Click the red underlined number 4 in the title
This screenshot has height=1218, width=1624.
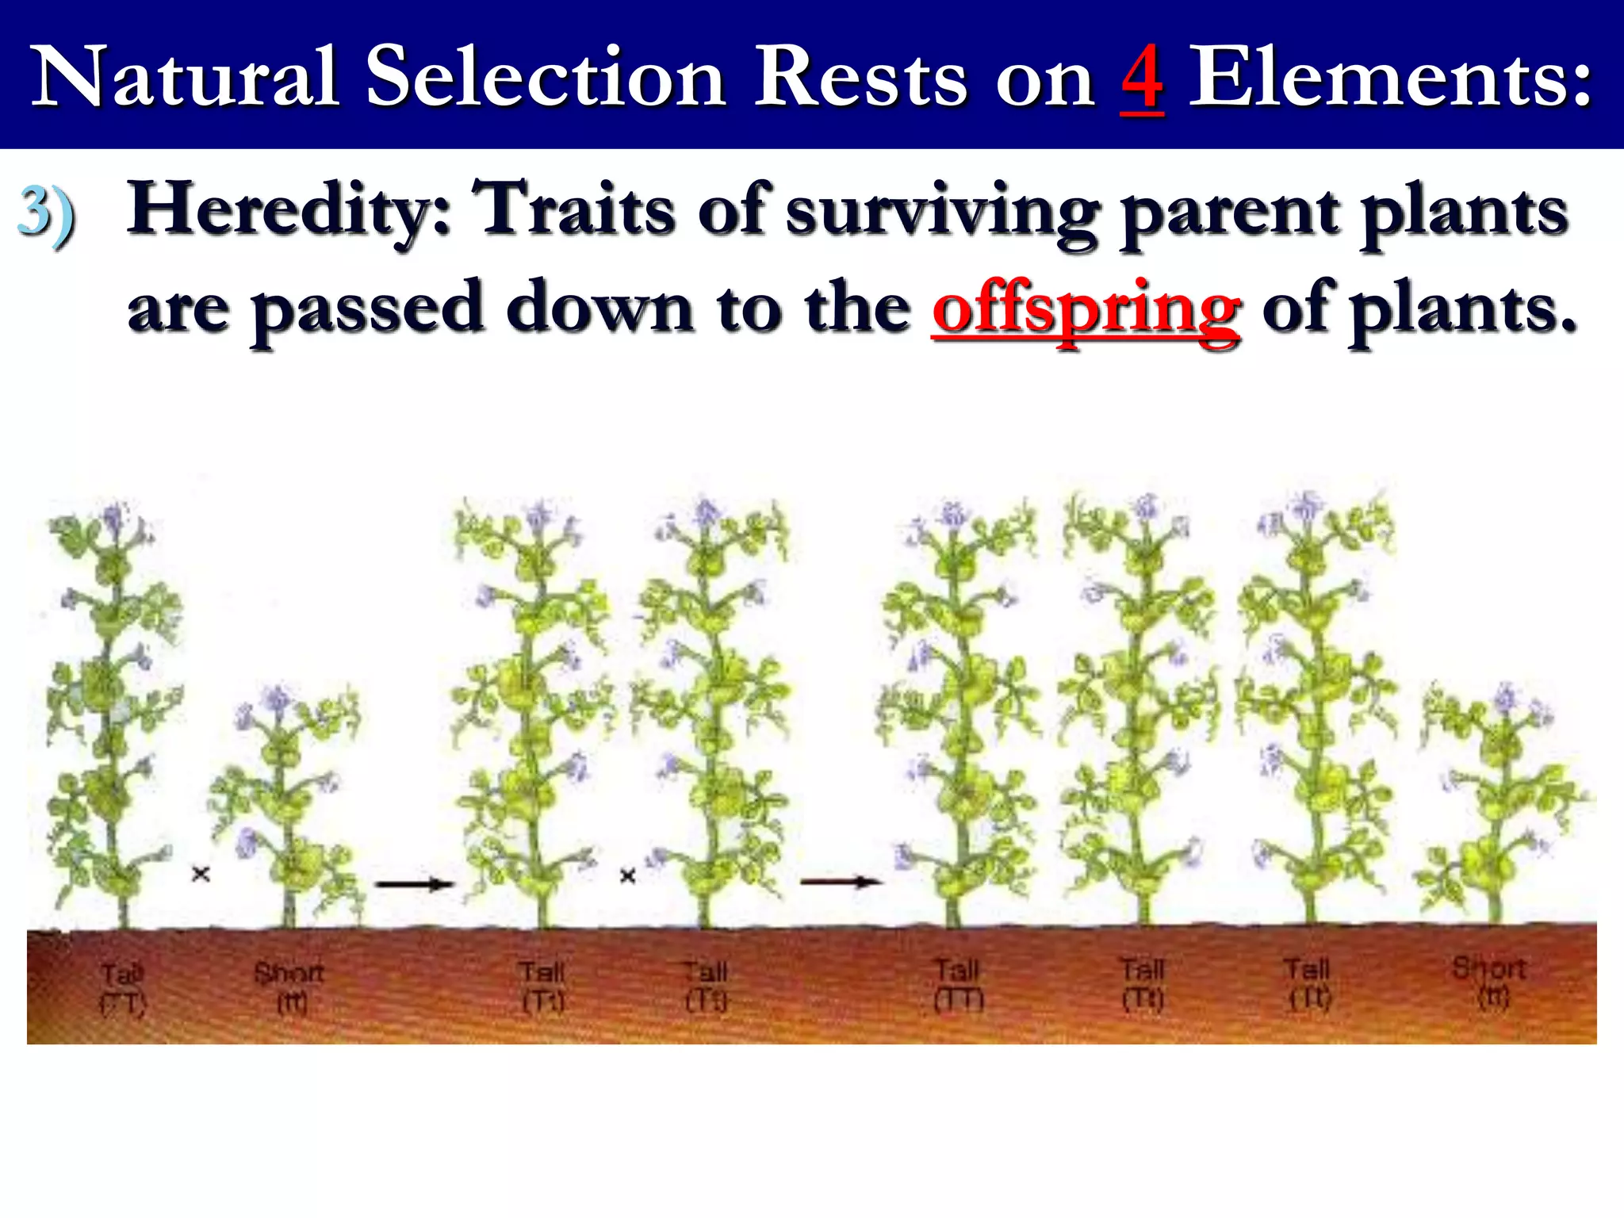click(x=1142, y=78)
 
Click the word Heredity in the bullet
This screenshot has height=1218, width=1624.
click(x=290, y=210)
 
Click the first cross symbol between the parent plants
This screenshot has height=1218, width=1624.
click(x=201, y=875)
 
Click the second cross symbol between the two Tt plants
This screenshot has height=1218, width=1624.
click(x=627, y=876)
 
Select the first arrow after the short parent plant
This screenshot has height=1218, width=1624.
click(x=414, y=883)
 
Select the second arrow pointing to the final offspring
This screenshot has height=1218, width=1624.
click(x=841, y=881)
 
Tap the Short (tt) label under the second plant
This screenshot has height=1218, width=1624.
click(x=289, y=986)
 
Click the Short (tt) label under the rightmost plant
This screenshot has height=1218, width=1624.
click(x=1489, y=982)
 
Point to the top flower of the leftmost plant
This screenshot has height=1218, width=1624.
click(x=115, y=517)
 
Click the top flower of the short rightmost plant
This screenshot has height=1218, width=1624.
click(x=1504, y=698)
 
